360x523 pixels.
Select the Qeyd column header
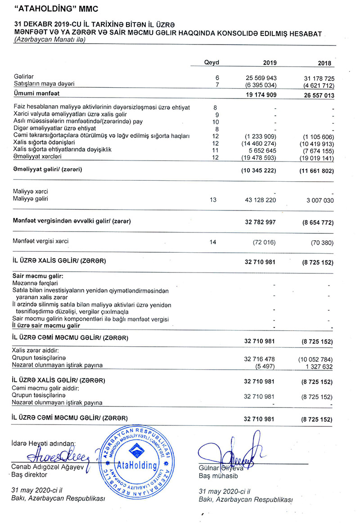211,63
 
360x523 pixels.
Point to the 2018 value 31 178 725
319,78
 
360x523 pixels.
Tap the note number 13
213,199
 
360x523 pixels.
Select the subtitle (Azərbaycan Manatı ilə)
49,40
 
